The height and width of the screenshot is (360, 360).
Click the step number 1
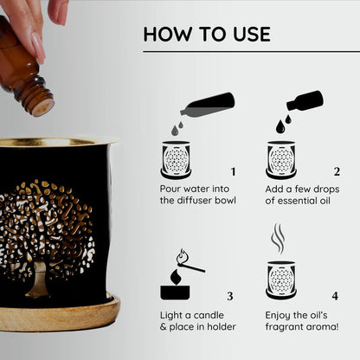pos(233,172)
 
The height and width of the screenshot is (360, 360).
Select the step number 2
pos(337,172)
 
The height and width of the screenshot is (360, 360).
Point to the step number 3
pos(229,296)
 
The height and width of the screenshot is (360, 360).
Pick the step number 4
pos(335,296)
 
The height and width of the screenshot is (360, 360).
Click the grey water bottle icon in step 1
pos(208,106)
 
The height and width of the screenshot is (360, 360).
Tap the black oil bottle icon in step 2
pos(305,101)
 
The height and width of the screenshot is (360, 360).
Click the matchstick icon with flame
pos(189,260)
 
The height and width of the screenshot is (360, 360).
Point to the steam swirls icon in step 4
pos(278,238)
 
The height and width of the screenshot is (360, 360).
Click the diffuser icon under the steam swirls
pos(281,280)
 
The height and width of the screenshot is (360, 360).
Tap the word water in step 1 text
pos(196,190)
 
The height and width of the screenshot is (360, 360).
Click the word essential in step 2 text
pos(297,201)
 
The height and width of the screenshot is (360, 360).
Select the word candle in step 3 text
pos(209,315)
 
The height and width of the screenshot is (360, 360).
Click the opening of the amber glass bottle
pos(42,107)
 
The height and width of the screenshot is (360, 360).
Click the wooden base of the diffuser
pos(59,314)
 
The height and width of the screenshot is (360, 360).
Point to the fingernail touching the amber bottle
pos(38,48)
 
